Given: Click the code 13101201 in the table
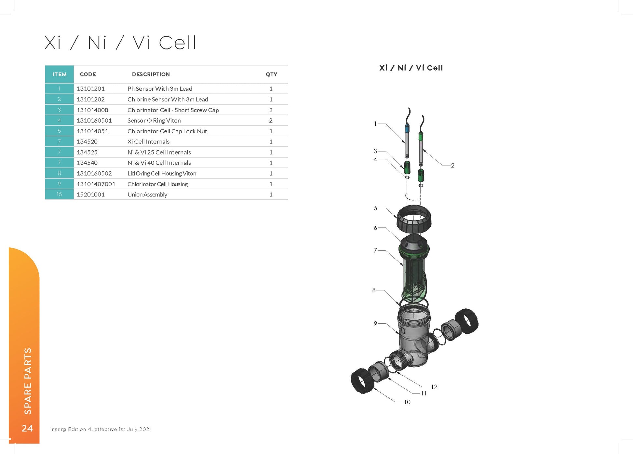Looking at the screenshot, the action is pos(90,89).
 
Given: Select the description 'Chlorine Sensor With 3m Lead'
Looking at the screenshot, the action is pos(168,100).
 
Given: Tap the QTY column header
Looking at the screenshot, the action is pos(271,74).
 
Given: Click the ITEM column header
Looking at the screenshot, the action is pos(60,74).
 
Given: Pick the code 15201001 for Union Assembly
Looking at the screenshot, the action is pos(90,194).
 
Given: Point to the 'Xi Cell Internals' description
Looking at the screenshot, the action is pos(148,142).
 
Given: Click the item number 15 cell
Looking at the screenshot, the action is pos(59,194).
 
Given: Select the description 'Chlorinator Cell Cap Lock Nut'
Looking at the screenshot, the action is pos(167,131).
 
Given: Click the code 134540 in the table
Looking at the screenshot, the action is pos(87,163).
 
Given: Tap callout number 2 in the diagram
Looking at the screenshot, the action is pos(452,166).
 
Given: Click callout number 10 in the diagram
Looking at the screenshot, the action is pos(407,402).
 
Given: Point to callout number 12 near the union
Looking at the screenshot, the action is pos(434,387).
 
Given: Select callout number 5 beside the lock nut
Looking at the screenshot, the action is pos(375,208).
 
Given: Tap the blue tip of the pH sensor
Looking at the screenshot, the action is pos(407,128).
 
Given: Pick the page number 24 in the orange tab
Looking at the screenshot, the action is pos(27,428).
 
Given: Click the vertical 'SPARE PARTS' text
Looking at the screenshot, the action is pos(28,381).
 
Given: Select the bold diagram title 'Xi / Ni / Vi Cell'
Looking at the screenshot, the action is pos(411,68).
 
